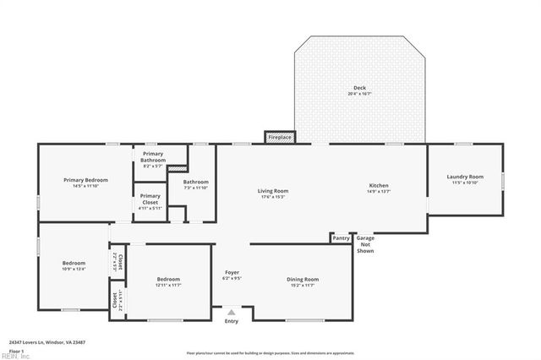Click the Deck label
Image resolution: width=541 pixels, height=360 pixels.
(359, 88)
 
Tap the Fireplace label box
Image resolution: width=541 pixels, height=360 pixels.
(280, 137)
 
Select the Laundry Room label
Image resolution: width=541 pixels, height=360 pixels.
(465, 177)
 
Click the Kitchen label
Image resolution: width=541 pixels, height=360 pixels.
(378, 186)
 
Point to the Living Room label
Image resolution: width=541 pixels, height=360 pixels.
(273, 191)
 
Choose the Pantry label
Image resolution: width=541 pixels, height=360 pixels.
(341, 238)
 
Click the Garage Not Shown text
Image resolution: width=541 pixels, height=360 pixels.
(365, 244)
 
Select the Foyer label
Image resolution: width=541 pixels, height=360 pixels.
(232, 272)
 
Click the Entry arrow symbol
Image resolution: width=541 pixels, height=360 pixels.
(232, 312)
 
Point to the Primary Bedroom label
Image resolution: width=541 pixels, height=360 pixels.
(86, 180)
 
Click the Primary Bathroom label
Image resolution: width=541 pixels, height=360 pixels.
(153, 157)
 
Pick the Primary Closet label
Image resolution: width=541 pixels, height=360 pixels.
(150, 200)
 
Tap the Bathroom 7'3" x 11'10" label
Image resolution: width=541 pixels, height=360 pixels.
(195, 184)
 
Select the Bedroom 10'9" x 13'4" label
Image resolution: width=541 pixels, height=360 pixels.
(74, 265)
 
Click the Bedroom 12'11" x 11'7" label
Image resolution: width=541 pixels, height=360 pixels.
(168, 281)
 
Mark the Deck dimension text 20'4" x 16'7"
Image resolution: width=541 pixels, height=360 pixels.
(359, 93)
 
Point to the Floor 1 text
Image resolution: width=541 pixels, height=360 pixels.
(17, 350)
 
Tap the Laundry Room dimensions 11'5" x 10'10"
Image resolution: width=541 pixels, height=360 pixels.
(465, 183)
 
